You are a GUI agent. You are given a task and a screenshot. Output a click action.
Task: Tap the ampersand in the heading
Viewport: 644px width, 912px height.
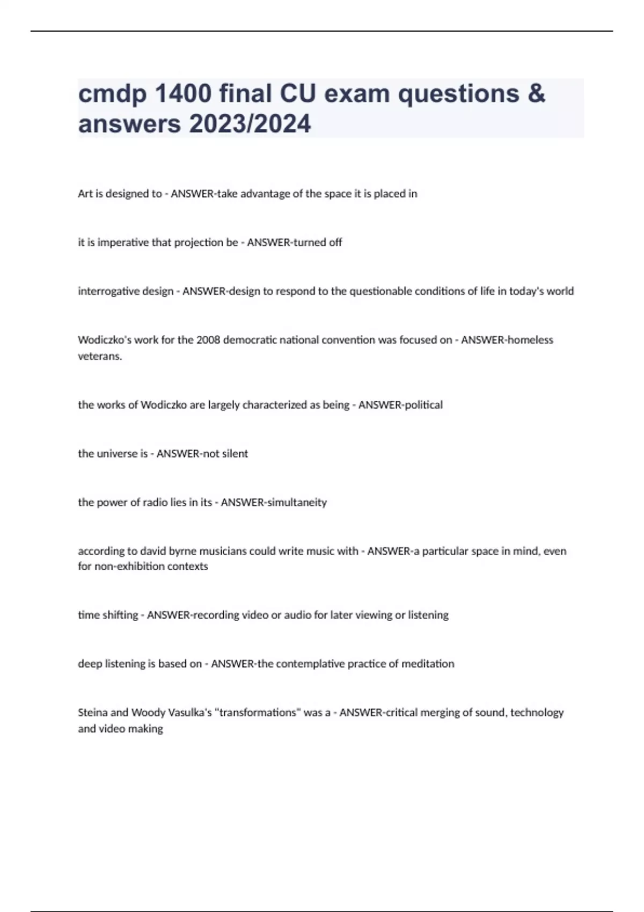click(536, 94)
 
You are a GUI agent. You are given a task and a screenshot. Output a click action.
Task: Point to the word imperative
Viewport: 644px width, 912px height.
click(123, 242)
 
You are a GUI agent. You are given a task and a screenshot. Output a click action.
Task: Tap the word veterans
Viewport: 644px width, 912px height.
click(99, 356)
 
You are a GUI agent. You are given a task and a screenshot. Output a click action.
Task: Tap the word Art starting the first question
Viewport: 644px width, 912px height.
click(85, 194)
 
